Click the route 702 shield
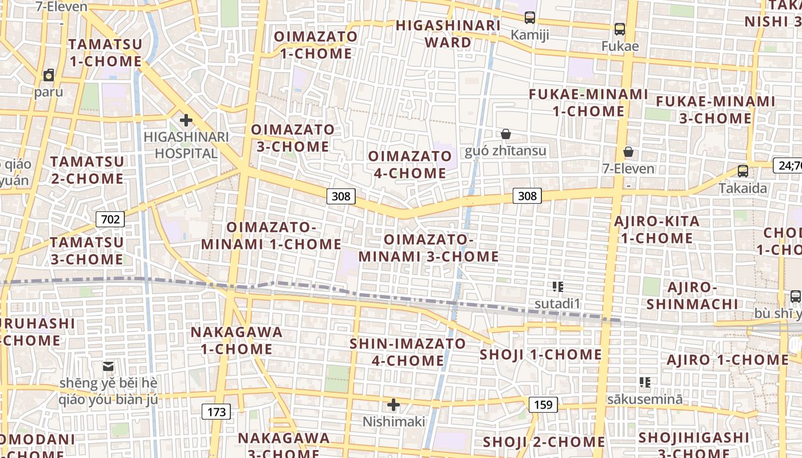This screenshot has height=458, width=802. [111, 219]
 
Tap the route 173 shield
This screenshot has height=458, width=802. [217, 411]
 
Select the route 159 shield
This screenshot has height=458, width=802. [542, 405]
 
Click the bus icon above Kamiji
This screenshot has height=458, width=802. [530, 18]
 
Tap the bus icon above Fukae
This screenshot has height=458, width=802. [619, 29]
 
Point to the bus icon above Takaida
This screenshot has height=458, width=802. [742, 171]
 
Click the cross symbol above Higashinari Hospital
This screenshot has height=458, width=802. [186, 120]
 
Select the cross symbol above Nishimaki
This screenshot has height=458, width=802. [394, 405]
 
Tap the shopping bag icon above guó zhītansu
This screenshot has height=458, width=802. [506, 134]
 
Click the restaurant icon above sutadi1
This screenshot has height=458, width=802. [557, 286]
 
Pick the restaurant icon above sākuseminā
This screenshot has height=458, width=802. [644, 382]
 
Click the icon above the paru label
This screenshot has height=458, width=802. [49, 75]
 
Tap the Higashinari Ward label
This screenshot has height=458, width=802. [449, 34]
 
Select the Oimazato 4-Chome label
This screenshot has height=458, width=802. [410, 164]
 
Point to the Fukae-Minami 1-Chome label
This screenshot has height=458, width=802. [588, 102]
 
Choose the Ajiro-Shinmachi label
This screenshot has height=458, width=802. [693, 295]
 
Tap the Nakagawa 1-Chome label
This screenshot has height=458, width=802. [237, 340]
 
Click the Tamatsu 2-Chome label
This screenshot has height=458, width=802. [87, 170]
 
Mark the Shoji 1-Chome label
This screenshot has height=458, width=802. [541, 355]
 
